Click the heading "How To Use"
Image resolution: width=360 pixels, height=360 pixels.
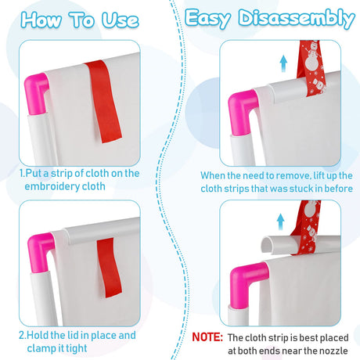coord(80,20)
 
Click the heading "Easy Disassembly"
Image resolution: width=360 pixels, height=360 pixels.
coord(269,18)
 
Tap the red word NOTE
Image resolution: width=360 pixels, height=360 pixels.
coord(207,337)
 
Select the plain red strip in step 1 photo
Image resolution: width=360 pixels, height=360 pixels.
coord(104,102)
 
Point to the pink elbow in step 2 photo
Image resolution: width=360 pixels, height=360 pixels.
coord(41,250)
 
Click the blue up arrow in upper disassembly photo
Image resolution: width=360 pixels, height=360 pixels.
coord(283,64)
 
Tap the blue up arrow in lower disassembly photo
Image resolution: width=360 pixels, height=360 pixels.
coord(280,221)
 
